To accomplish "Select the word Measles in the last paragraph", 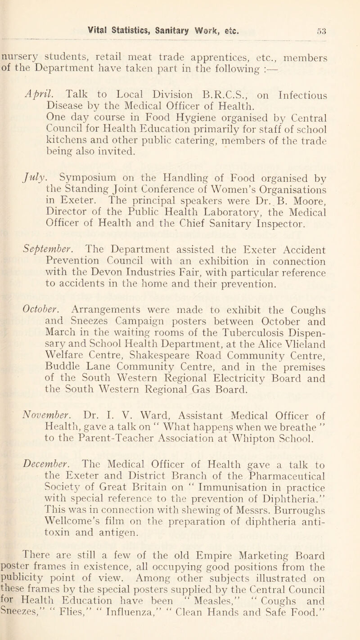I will click(221, 620).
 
